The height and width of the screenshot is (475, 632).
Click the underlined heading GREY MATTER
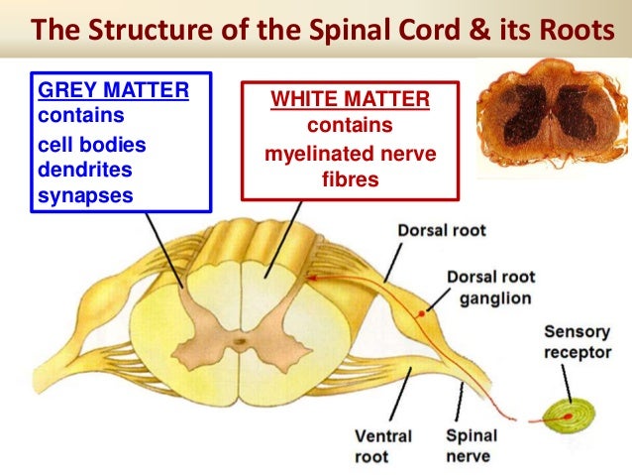tap(113, 91)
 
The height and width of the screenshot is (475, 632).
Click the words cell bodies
tap(91, 144)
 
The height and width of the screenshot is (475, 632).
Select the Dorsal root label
tap(442, 231)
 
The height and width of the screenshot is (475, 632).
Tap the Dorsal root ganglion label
tap(489, 288)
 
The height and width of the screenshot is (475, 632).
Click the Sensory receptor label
tap(578, 342)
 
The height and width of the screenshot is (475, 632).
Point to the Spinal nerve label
tap(472, 445)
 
